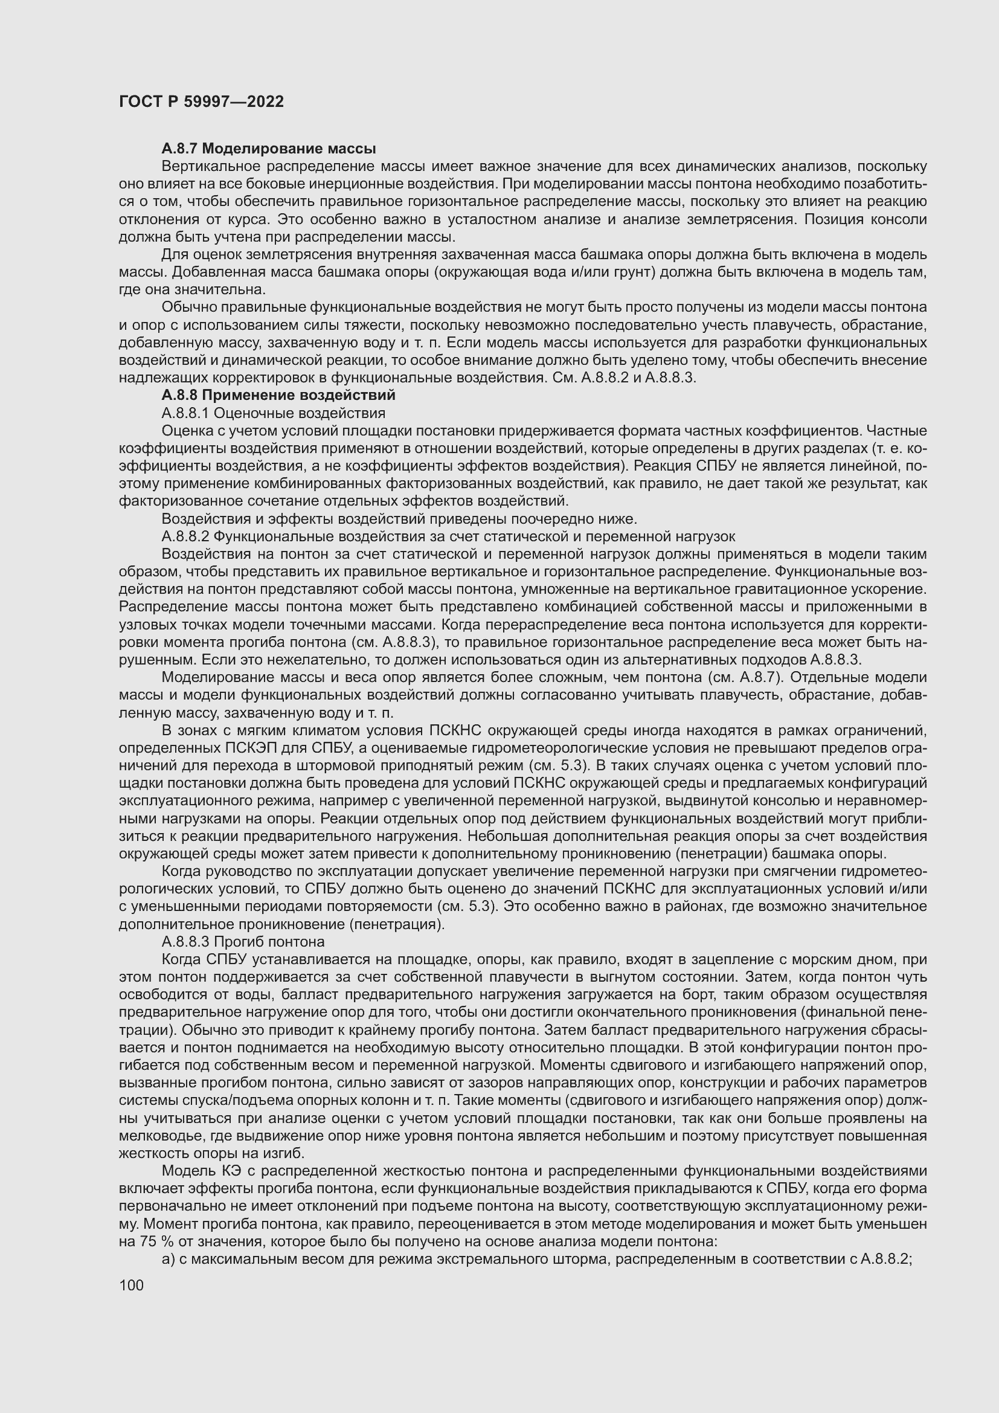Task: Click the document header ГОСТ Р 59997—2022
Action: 201,102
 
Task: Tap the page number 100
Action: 131,1284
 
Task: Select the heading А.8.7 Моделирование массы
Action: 269,149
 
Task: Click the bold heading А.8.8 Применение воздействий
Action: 278,394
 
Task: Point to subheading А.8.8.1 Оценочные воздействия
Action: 273,413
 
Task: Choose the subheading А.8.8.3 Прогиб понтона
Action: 243,942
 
